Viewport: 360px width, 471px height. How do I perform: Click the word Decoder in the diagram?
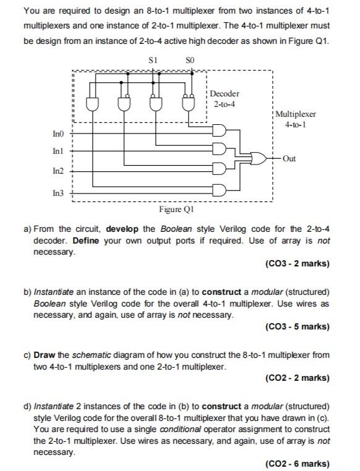click(x=225, y=93)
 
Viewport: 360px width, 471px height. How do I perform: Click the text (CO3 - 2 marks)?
click(x=297, y=263)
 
